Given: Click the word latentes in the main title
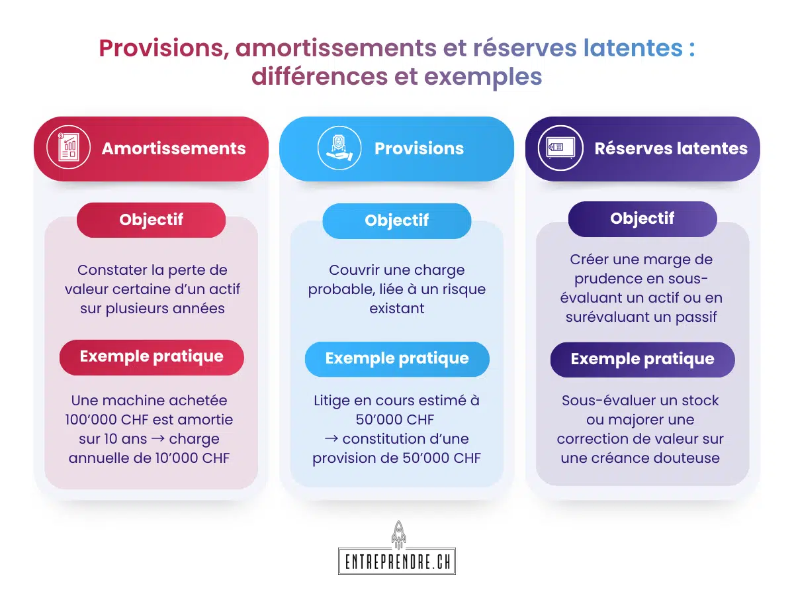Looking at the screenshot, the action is pyautogui.click(x=633, y=48).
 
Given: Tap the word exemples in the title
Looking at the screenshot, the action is pyautogui.click(x=483, y=77).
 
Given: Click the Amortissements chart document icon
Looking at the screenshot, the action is pyautogui.click(x=68, y=148).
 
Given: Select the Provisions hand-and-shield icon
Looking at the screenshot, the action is pyautogui.click(x=339, y=148).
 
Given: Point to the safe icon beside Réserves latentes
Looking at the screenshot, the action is pyautogui.click(x=560, y=148).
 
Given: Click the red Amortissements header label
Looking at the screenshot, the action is pyautogui.click(x=173, y=148).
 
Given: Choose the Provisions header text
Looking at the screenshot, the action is pyautogui.click(x=419, y=148).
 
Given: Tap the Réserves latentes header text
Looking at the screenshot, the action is pyautogui.click(x=671, y=148).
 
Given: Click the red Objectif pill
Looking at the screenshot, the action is pyautogui.click(x=152, y=220).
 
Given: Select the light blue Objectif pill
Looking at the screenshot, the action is pyautogui.click(x=397, y=221).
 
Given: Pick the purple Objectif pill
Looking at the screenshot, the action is pyautogui.click(x=642, y=219).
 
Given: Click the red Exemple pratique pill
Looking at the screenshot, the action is pyautogui.click(x=152, y=357).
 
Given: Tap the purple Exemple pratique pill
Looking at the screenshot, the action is pyautogui.click(x=642, y=360).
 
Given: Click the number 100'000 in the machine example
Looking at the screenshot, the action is pyautogui.click(x=91, y=419).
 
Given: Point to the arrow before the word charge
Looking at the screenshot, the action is pyautogui.click(x=157, y=439).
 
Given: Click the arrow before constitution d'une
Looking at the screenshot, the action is pyautogui.click(x=331, y=439).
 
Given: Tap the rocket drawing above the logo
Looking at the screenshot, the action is pyautogui.click(x=398, y=534).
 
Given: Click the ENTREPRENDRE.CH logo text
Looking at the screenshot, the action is pyautogui.click(x=397, y=562).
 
